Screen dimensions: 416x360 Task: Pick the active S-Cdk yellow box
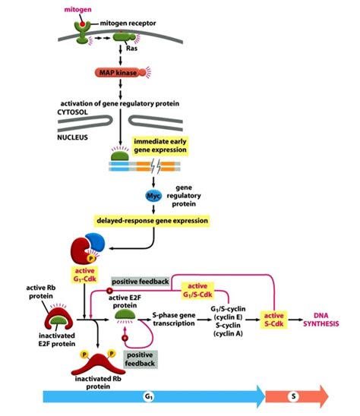276,320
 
